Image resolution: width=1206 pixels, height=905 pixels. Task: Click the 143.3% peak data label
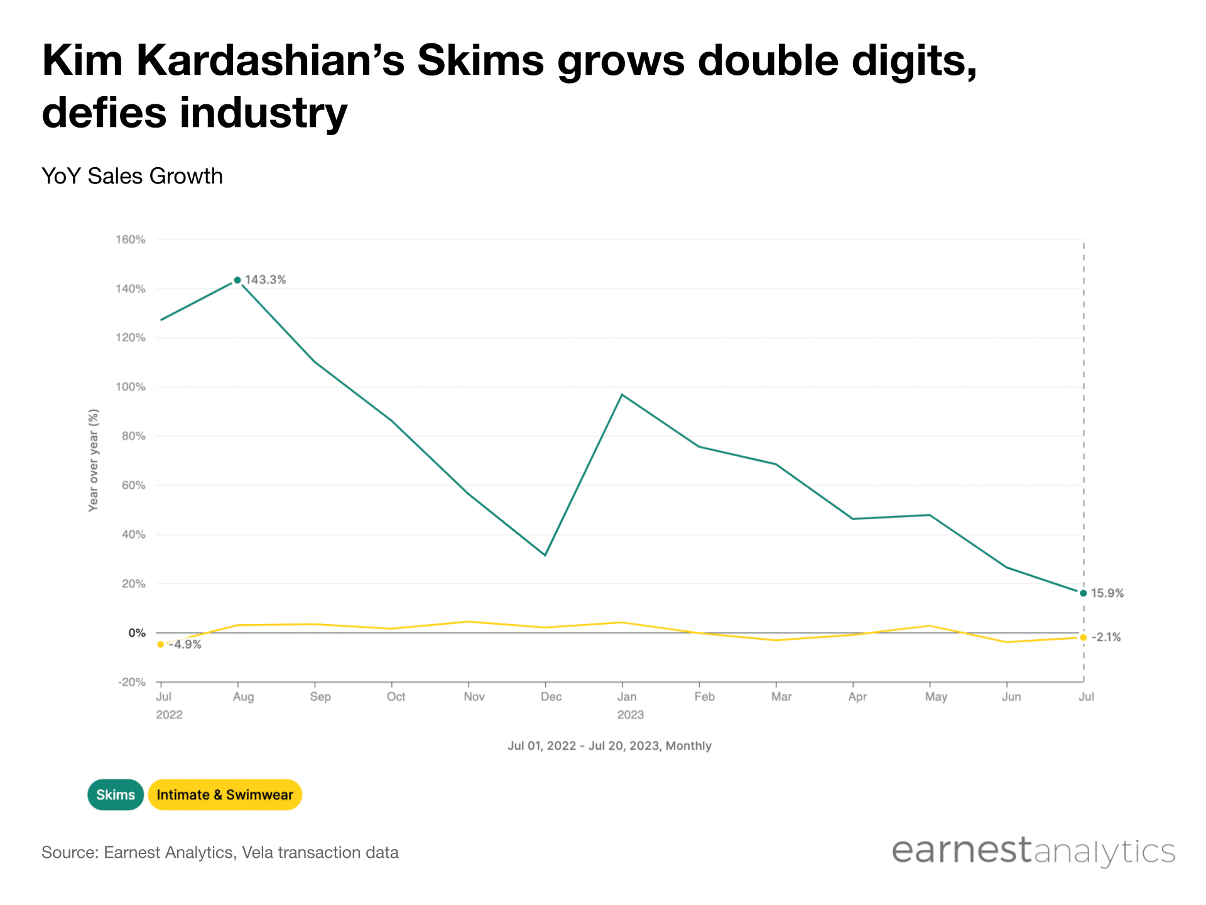click(x=265, y=280)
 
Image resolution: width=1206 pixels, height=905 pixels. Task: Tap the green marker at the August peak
click(x=237, y=280)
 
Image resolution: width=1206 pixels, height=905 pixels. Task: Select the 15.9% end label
click(x=1107, y=593)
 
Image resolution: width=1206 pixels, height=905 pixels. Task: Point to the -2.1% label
click(x=1106, y=637)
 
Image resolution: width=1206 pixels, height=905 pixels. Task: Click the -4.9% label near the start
click(x=185, y=644)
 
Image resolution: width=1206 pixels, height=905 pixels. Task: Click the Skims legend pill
click(x=116, y=795)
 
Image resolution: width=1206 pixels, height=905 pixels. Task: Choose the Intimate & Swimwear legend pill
click(x=225, y=795)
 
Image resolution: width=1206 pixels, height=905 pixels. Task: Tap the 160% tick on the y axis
click(x=131, y=239)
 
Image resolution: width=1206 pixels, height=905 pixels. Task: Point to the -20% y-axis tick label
click(x=132, y=683)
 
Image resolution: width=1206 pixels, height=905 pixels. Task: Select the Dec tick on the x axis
click(x=551, y=696)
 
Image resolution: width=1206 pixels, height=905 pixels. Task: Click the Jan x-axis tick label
click(x=627, y=696)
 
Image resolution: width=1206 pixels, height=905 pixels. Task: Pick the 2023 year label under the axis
click(x=630, y=715)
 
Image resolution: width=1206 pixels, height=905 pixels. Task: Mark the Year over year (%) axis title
click(x=94, y=460)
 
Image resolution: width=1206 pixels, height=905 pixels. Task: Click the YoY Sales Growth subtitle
click(x=132, y=176)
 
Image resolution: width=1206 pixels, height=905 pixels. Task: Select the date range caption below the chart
click(x=609, y=746)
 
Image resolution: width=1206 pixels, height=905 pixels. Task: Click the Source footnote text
click(x=220, y=853)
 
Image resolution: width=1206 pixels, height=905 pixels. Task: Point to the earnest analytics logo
click(x=1033, y=852)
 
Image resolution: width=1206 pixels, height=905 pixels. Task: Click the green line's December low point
click(x=545, y=555)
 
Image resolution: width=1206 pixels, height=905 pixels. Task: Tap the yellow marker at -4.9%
click(x=161, y=644)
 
